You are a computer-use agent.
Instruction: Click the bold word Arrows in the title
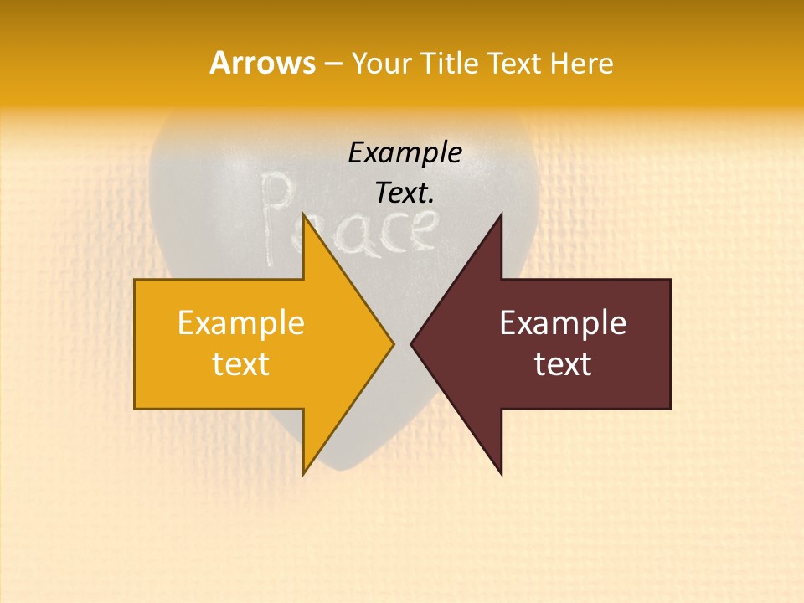coord(262,63)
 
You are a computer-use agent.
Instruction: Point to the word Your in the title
coord(379,64)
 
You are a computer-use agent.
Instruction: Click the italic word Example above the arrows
coord(405,152)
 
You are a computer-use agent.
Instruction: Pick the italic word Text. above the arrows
coord(405,193)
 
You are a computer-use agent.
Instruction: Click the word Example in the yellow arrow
coord(241,323)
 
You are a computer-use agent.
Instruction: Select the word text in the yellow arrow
coord(241,364)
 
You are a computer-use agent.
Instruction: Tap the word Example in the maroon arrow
coord(563,323)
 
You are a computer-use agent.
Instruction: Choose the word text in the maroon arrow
coord(563,364)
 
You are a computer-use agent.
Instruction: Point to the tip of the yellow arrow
coord(393,343)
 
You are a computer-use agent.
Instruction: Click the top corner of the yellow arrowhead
coord(303,214)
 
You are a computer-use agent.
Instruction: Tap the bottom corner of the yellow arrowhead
coord(303,473)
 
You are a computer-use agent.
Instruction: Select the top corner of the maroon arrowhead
coord(501,214)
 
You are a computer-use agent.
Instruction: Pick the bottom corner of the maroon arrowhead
coord(501,474)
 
